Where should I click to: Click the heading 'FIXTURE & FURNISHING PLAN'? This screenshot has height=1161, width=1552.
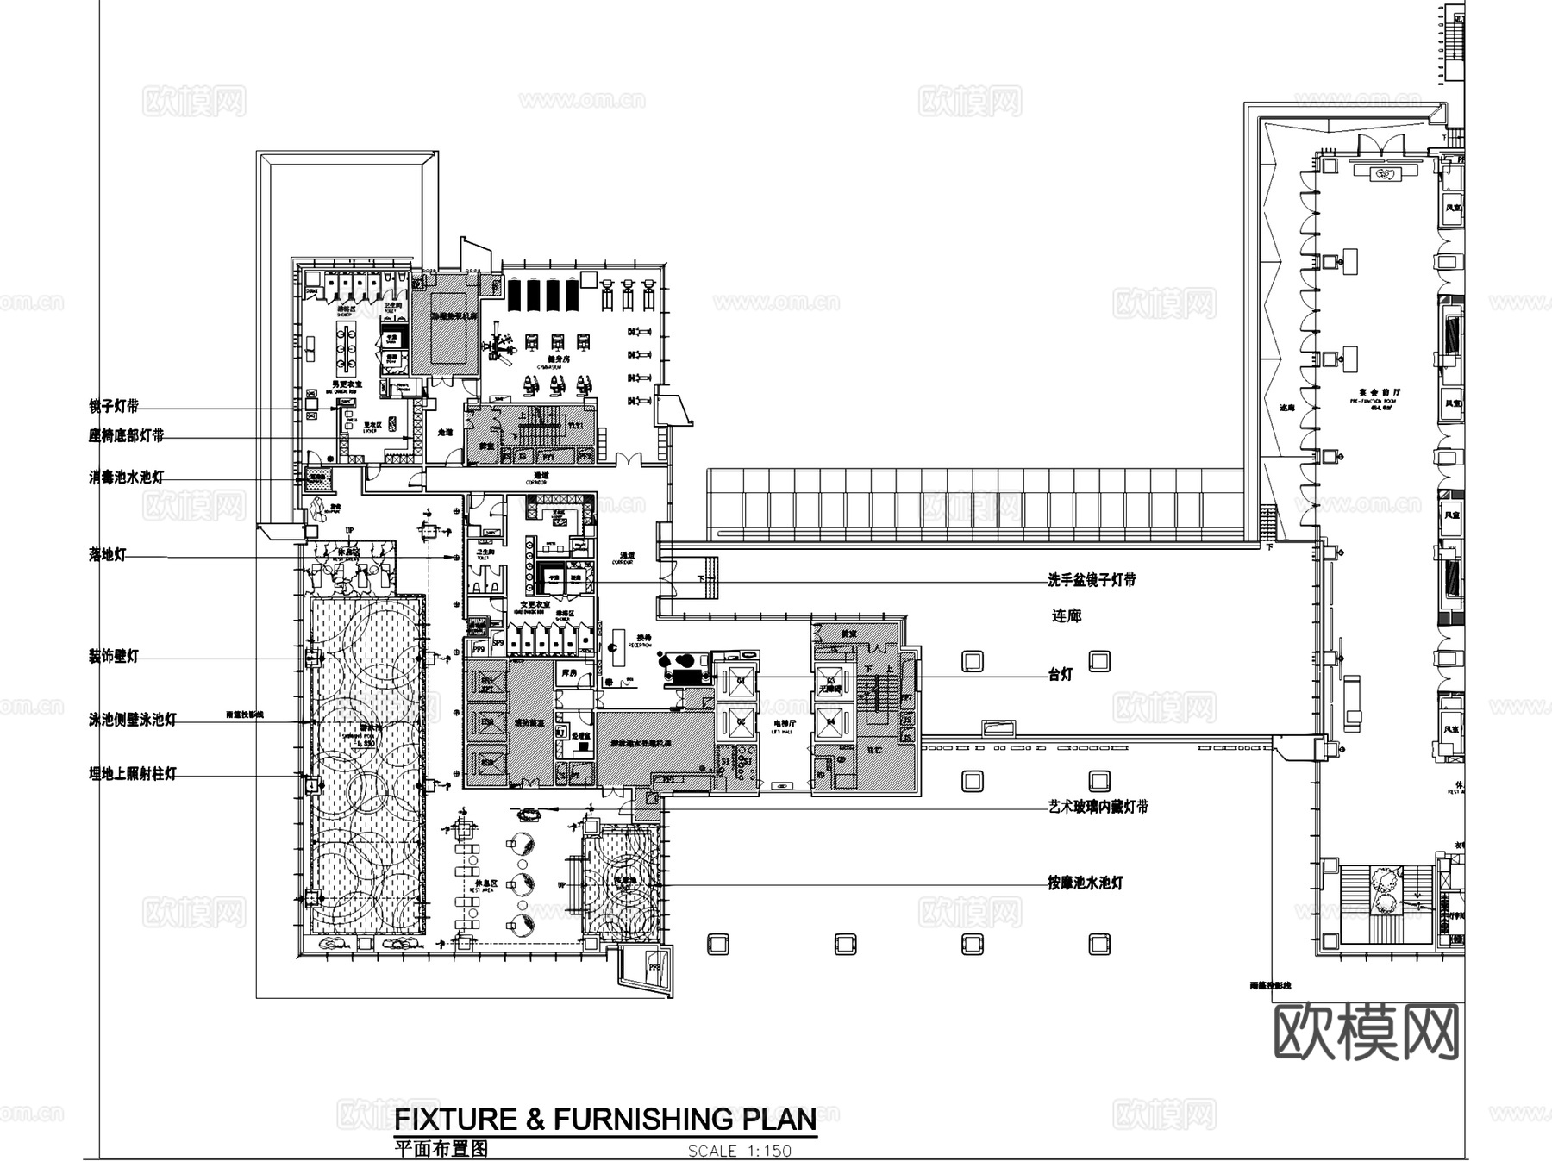coord(605,1120)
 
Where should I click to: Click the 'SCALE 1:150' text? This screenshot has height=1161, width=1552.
coord(739,1151)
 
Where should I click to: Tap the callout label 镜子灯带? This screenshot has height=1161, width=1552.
coord(114,406)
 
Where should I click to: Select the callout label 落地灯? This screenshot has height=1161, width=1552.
coord(107,555)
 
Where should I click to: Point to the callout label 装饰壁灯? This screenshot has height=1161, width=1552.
coord(114,657)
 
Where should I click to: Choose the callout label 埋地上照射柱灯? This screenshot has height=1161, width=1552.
coord(133,774)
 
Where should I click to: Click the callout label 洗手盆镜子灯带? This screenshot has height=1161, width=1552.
coord(1092,580)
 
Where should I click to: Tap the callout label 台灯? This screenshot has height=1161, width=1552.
coord(1061,675)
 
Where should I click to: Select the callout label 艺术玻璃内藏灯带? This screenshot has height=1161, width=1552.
coord(1098,808)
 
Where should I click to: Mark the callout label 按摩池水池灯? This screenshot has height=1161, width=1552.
coord(1086,883)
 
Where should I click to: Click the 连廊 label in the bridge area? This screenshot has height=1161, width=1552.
coord(1067,616)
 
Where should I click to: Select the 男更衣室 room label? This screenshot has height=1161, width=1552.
coord(348,385)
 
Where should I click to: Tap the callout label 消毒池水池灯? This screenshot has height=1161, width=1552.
coord(126,477)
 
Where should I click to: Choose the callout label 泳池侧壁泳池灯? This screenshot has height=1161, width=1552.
coord(133,720)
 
